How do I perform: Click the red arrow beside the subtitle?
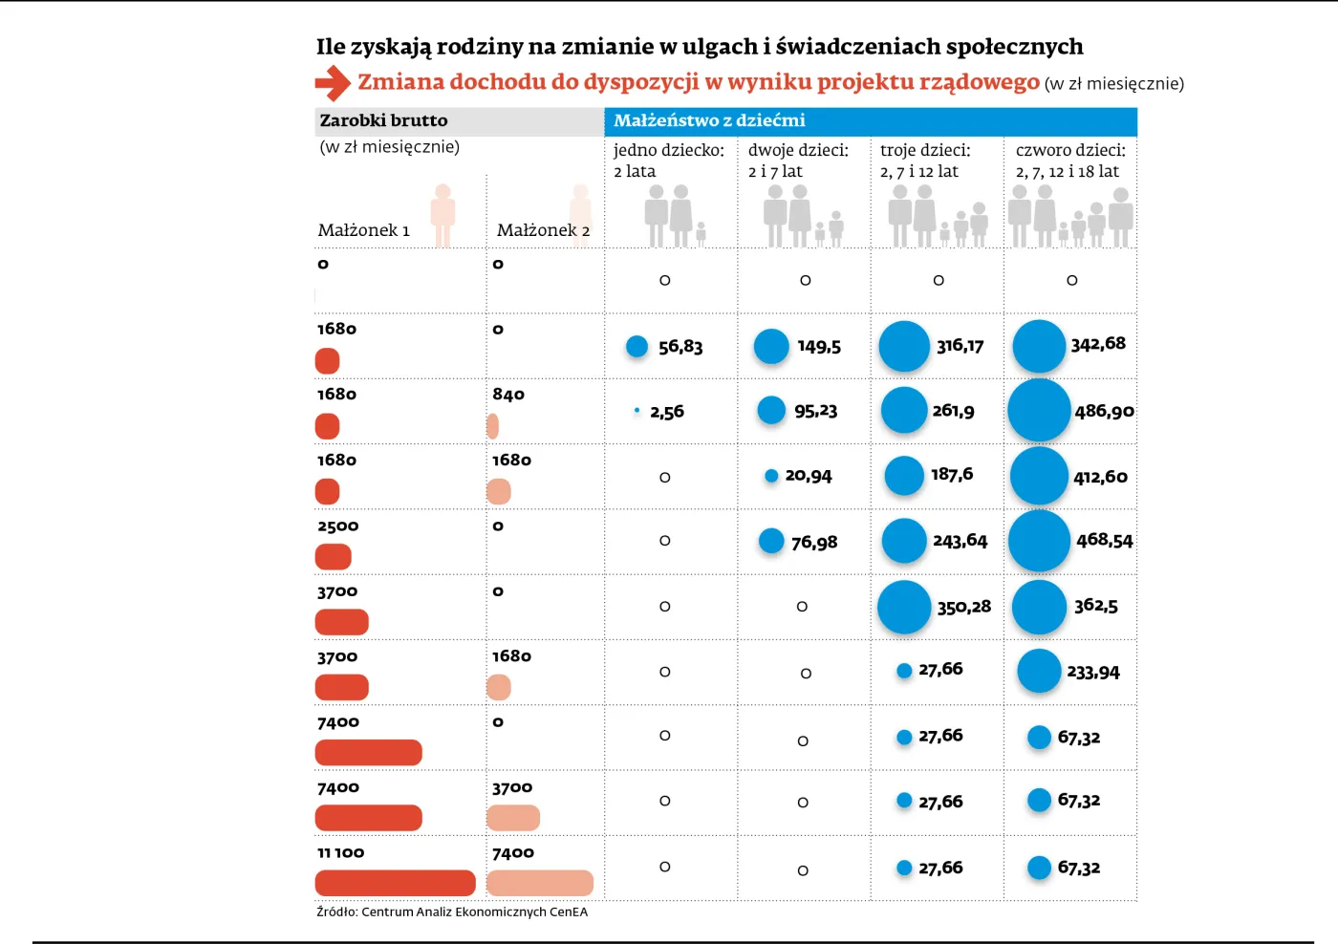click(x=333, y=83)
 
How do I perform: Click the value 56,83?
click(x=680, y=347)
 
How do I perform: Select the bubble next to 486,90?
click(x=1039, y=411)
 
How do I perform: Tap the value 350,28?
click(x=963, y=607)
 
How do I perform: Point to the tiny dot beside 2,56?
click(x=637, y=411)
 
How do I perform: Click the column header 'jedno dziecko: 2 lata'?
click(x=669, y=161)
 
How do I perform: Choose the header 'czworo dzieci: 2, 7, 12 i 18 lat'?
click(x=1069, y=161)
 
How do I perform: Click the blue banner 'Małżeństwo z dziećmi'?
click(x=709, y=120)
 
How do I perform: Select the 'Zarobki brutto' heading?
click(x=383, y=120)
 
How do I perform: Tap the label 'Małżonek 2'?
click(x=543, y=230)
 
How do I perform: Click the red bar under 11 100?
click(x=395, y=883)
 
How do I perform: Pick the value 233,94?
click(x=1092, y=673)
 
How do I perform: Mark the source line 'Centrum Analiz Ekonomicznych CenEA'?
click(x=452, y=912)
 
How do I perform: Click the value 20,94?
click(x=808, y=476)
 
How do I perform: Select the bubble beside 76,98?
click(x=771, y=541)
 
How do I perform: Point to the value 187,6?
click(x=952, y=474)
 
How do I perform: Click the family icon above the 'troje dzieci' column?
click(x=938, y=217)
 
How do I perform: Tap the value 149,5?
click(x=819, y=347)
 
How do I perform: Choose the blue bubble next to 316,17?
click(x=904, y=346)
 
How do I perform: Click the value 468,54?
click(x=1104, y=541)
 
